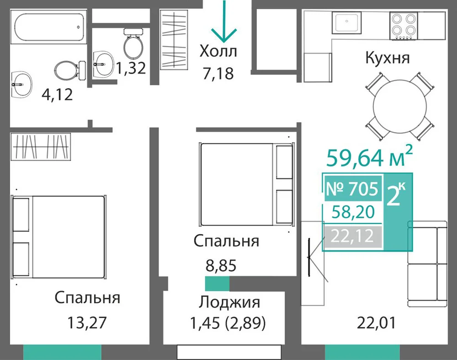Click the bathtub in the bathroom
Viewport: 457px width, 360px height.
(49, 27)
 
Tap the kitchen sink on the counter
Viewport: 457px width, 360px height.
(346, 22)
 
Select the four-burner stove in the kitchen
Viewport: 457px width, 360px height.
(404, 26)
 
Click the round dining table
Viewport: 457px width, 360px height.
(400, 107)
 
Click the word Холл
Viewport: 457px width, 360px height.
(218, 51)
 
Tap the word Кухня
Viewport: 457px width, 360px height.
(388, 58)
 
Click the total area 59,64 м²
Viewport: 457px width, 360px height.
(370, 156)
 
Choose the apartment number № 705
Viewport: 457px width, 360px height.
(353, 188)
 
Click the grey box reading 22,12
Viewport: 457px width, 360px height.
(353, 236)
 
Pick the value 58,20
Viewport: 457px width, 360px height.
(353, 212)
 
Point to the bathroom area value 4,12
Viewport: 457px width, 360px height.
(57, 95)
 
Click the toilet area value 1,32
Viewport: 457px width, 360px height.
(131, 68)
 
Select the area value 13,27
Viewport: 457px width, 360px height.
(87, 322)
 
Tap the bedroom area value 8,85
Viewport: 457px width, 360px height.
(221, 266)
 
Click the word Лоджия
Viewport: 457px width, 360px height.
(229, 302)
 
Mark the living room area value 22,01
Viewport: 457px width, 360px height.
(376, 322)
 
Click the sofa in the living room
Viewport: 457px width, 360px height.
(427, 264)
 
